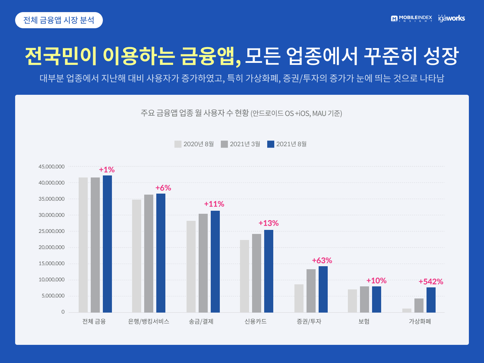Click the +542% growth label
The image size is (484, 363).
coord(431,281)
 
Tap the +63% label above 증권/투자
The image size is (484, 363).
coord(322,260)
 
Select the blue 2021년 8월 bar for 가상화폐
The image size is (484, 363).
coord(431,300)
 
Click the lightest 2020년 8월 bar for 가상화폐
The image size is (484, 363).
coord(407,310)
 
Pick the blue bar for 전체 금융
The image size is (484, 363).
coord(107,244)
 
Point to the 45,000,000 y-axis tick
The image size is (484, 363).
coord(52,167)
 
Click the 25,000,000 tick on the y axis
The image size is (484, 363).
coord(52,231)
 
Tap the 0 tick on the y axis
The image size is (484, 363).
coord(63,312)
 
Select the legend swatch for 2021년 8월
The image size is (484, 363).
coord(271,144)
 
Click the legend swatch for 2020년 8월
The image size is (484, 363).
coord(178,144)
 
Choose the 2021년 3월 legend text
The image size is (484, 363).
coord(245,144)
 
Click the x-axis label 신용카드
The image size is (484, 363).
coord(255,321)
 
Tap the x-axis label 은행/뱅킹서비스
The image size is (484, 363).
coord(149,321)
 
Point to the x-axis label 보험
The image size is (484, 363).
coord(364,321)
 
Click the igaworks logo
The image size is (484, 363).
coord(452,18)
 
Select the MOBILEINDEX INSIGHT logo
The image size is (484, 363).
coord(411,18)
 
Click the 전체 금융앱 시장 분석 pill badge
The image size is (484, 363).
coord(59,20)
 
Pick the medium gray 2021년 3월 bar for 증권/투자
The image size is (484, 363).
coord(311,291)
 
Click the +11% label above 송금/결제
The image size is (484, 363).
coord(214,204)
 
